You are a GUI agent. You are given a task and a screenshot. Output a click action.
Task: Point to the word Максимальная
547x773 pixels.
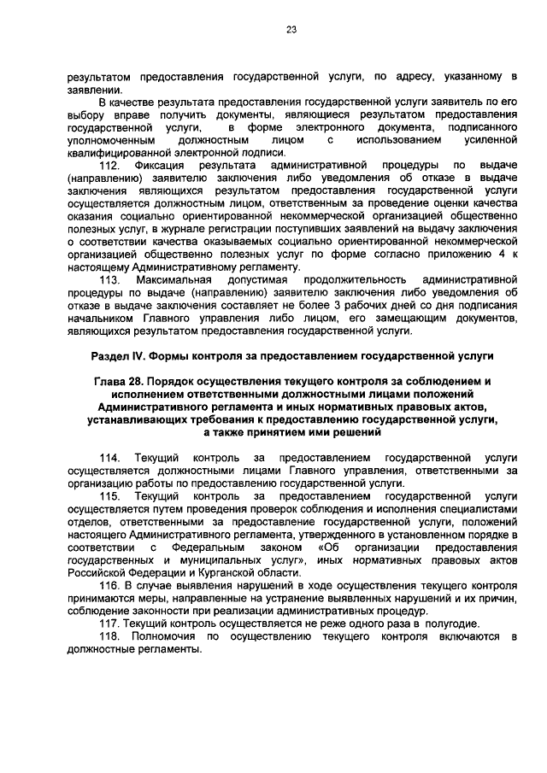tap(175, 280)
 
